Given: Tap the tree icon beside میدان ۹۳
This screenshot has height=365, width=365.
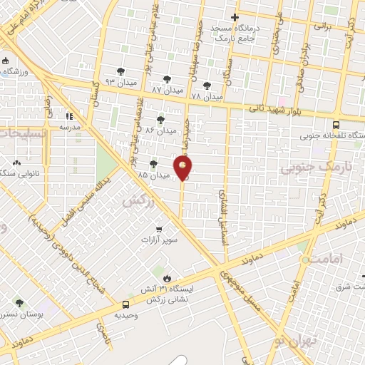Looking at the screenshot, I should (120, 71).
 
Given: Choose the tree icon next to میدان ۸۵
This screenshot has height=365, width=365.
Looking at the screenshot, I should (153, 164).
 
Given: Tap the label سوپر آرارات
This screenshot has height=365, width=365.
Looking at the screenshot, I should (159, 241).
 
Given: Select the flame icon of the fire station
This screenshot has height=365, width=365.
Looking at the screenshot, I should (167, 278).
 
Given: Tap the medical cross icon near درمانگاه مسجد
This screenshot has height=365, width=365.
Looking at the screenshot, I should (235, 17).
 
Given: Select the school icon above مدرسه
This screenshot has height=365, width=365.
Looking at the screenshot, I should (69, 115).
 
